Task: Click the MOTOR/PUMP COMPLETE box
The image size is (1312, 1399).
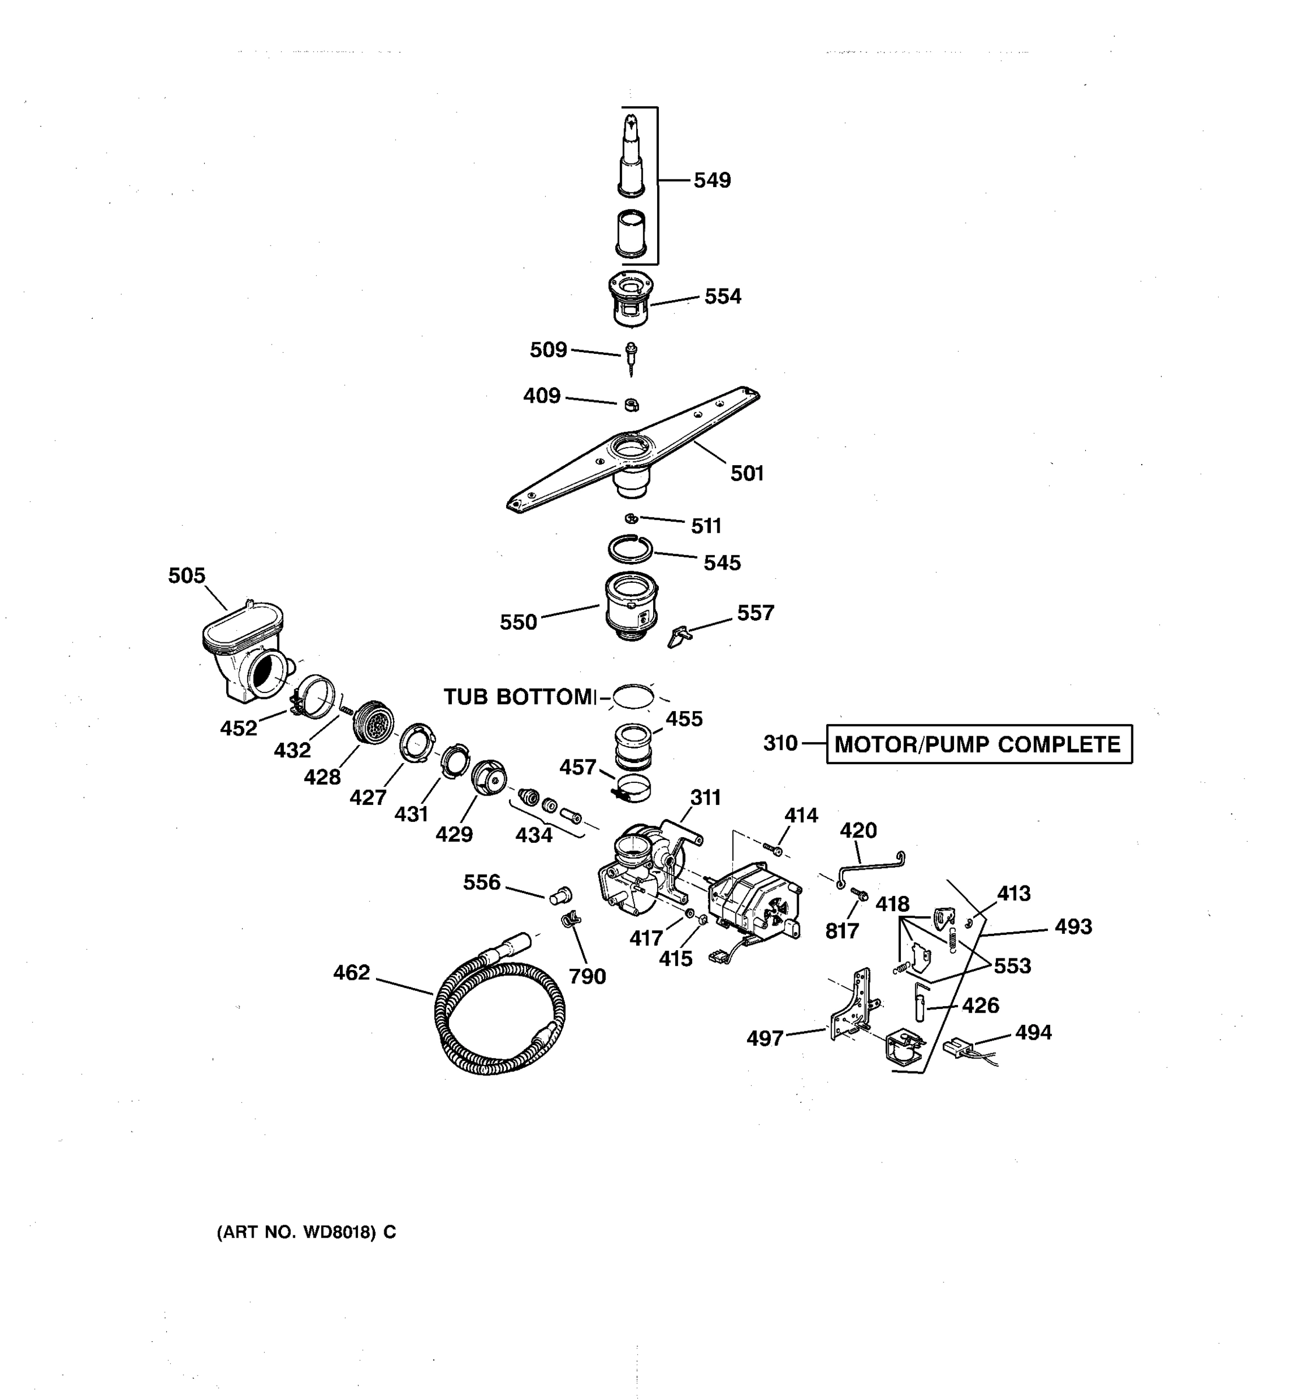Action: [x=978, y=744]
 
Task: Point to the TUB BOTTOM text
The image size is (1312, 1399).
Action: [x=520, y=697]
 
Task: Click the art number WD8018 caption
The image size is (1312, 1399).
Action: [x=306, y=1232]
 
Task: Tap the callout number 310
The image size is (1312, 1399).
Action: [x=780, y=743]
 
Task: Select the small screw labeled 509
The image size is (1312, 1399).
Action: [x=632, y=356]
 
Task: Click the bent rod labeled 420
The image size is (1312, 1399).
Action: [x=870, y=869]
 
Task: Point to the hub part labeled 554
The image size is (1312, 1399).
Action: [x=631, y=298]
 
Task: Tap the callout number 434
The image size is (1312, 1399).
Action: [x=534, y=835]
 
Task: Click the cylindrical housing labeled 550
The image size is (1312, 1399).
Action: [x=632, y=605]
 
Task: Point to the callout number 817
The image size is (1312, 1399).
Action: [x=842, y=931]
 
